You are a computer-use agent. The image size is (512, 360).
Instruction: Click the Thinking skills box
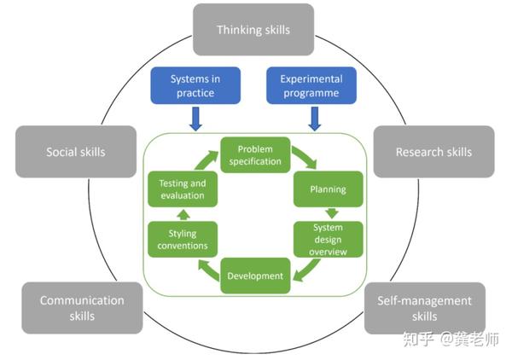[x=253, y=29]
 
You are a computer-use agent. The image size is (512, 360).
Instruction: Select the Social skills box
[x=76, y=152]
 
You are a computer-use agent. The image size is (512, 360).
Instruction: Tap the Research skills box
[x=433, y=152]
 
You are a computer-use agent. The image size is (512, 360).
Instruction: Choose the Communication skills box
[x=82, y=308]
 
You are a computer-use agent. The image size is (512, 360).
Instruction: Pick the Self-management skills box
[x=424, y=308]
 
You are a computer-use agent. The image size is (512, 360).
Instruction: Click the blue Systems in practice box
[x=195, y=85]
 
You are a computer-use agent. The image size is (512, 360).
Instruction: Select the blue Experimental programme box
[x=311, y=85]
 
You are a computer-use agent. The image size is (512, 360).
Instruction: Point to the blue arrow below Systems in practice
[x=195, y=119]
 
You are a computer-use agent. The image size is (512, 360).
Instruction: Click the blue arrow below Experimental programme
[x=315, y=119]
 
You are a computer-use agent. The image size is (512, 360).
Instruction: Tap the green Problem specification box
[x=255, y=155]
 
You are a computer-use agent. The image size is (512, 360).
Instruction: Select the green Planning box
[x=329, y=189]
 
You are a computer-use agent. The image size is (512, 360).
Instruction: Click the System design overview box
[x=329, y=239]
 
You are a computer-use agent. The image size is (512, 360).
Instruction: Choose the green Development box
[x=255, y=276]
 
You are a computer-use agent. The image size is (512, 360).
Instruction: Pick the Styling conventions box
[x=183, y=239]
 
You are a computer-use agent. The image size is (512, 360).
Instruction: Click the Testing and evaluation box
[x=183, y=189]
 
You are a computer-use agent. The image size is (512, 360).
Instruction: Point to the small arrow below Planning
[x=332, y=213]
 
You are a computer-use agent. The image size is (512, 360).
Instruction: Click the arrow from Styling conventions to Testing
[x=183, y=214]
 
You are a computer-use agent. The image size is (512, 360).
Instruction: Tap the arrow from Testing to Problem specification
[x=206, y=160]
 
